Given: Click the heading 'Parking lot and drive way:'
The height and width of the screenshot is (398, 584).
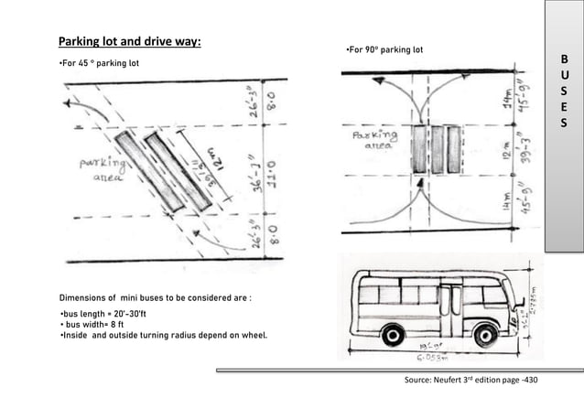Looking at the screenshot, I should (130, 42).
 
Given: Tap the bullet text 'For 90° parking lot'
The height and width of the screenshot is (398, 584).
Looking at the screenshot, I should (384, 48).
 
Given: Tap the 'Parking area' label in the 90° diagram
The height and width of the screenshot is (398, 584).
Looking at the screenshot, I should (375, 139).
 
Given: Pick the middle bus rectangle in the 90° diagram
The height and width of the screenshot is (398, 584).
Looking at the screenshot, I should (438, 149).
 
